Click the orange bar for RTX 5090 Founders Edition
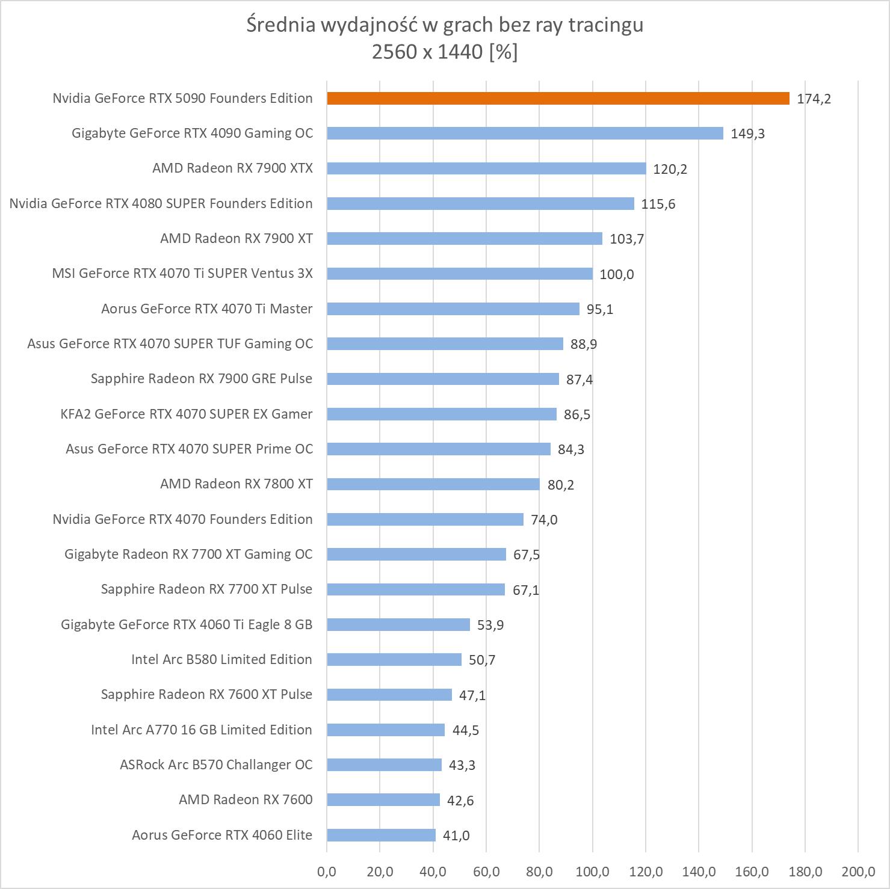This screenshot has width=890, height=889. [558, 99]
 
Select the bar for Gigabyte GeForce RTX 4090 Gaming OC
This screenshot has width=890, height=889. [525, 134]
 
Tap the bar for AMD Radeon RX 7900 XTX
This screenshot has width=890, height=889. [486, 168]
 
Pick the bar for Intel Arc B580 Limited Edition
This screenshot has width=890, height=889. [394, 660]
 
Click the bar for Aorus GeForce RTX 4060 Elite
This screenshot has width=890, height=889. [381, 835]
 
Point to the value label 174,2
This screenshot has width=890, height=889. [814, 99]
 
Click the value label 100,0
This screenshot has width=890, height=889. [617, 275]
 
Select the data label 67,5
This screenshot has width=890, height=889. [527, 555]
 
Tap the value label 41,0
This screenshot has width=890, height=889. [456, 836]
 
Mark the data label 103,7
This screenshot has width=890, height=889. [627, 239]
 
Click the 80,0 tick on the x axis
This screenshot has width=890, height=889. [539, 872]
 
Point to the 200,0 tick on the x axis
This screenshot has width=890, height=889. [858, 872]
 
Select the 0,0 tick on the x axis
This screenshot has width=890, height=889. [327, 872]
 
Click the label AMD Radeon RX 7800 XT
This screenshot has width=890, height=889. [236, 484]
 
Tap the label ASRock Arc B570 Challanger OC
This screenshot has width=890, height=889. [216, 765]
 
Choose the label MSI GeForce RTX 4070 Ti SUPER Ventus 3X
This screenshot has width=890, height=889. [182, 274]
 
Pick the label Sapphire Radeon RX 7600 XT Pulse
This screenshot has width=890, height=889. [206, 695]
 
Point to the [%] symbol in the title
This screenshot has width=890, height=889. [503, 52]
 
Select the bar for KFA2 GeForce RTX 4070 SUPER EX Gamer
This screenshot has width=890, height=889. [442, 414]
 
